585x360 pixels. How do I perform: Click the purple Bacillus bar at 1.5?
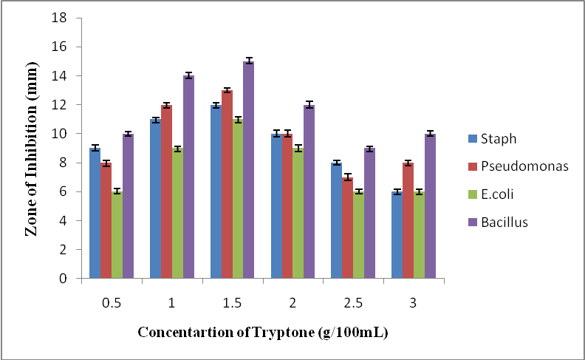click(249, 170)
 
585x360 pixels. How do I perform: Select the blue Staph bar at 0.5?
click(95, 214)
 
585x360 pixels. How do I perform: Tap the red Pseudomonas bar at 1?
click(166, 192)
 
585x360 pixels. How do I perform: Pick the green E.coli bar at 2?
click(298, 214)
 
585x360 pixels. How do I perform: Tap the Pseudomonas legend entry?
click(518, 166)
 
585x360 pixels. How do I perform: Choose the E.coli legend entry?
click(496, 194)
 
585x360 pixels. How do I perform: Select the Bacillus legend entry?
click(503, 223)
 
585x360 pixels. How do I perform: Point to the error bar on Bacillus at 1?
click(188, 75)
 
